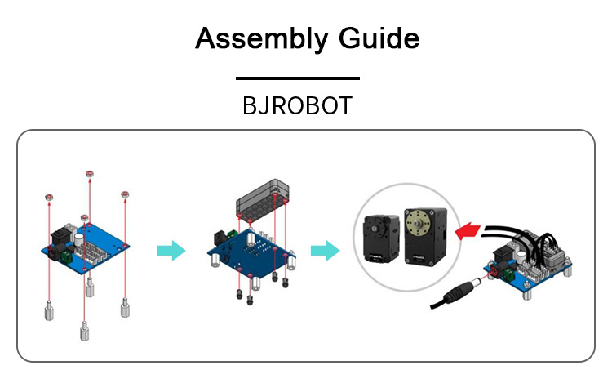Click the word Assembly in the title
(261, 39)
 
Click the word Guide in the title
(379, 38)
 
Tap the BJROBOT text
(297, 105)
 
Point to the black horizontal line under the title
(297, 78)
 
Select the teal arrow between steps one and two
(171, 251)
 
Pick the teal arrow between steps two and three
(325, 251)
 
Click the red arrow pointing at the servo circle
(468, 231)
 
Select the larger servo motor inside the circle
(425, 237)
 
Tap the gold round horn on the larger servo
(419, 223)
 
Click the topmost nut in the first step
(90, 174)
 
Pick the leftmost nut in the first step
(49, 197)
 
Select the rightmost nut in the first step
(125, 194)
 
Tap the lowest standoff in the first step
(84, 331)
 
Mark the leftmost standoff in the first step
(49, 311)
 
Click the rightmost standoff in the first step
(125, 308)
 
